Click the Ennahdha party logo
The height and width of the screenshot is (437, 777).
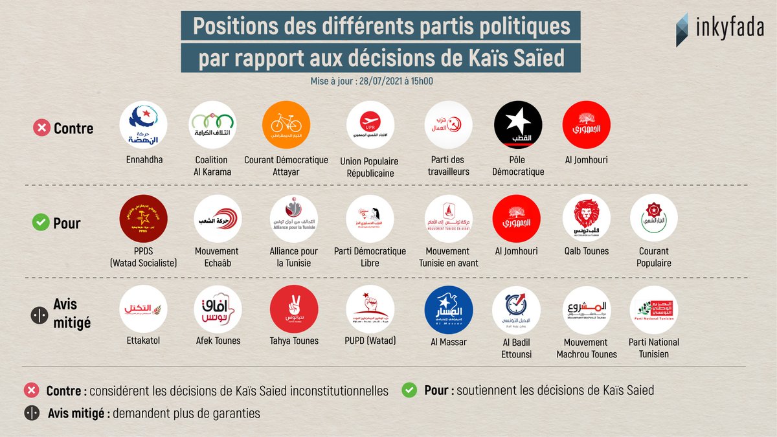click(144, 125)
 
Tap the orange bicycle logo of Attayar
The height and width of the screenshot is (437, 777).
click(286, 125)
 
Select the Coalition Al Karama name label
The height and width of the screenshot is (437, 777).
click(212, 166)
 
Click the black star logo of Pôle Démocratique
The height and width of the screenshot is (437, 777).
click(517, 125)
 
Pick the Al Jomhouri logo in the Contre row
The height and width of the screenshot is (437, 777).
click(586, 125)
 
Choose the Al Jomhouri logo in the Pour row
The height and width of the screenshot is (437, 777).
click(516, 218)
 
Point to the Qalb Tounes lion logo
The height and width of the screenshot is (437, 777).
click(586, 218)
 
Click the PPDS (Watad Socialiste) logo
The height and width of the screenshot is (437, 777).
click(144, 218)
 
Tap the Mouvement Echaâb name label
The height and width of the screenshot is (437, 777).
click(217, 257)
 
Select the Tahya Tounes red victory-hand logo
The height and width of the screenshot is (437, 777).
click(293, 309)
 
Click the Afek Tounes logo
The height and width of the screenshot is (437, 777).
click(218, 309)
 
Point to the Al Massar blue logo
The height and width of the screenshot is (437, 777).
click(448, 309)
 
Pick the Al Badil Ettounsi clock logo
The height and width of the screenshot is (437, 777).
click(516, 309)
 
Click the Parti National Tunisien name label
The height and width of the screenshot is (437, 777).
click(654, 348)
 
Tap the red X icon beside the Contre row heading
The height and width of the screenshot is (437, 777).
click(41, 128)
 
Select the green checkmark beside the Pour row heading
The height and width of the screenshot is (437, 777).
click(41, 223)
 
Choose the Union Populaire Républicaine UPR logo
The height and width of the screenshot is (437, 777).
click(370, 125)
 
